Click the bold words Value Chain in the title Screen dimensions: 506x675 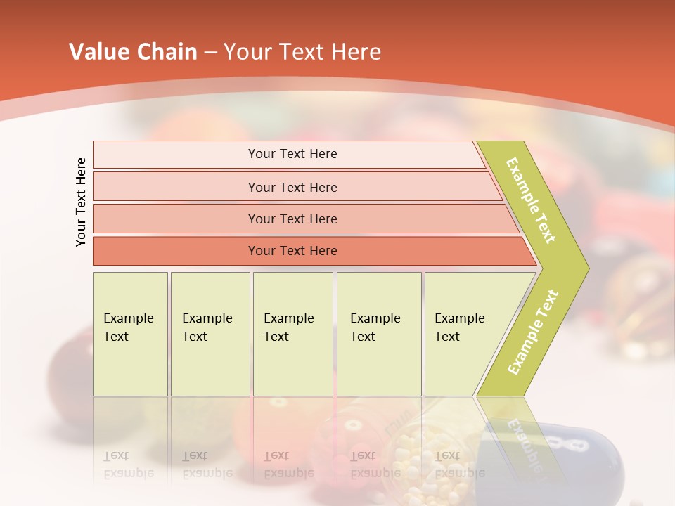133,52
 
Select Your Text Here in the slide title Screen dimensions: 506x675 302,52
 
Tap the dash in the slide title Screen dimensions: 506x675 210,53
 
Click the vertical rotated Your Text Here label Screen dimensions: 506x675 82,202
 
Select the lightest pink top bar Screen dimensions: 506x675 292,154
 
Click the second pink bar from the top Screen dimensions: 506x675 292,187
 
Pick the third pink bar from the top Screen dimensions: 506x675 292,219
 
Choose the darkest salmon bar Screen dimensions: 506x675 292,251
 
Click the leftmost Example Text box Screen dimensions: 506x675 130,333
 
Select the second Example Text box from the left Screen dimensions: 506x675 210,333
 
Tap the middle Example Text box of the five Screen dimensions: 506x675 292,333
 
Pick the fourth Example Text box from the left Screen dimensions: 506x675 378,333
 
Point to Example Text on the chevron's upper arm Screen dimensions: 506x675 532,200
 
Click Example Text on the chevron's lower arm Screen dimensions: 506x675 533,332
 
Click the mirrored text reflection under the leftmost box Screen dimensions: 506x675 128,465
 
